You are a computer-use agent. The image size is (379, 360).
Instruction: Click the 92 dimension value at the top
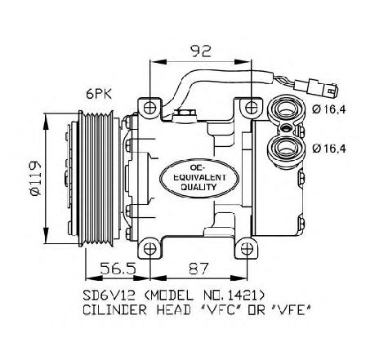click(x=201, y=51)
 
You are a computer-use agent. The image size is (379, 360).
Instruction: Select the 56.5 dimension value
click(x=118, y=269)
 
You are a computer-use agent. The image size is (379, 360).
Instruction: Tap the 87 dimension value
click(x=198, y=269)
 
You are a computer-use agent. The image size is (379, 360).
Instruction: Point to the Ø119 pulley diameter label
click(x=35, y=178)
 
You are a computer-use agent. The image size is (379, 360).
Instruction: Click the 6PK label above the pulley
click(x=99, y=94)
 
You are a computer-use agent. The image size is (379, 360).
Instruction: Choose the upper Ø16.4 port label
click(x=329, y=109)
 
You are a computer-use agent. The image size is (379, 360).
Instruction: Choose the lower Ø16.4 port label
click(x=329, y=149)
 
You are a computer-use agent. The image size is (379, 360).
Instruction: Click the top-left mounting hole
click(x=149, y=108)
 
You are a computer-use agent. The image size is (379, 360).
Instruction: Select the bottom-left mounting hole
click(x=149, y=249)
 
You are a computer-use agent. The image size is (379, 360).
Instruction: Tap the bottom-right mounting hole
click(x=247, y=249)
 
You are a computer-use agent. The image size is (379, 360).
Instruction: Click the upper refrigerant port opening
click(x=286, y=109)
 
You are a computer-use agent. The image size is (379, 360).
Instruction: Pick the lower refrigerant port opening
click(x=286, y=147)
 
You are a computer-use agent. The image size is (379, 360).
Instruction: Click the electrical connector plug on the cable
click(x=317, y=87)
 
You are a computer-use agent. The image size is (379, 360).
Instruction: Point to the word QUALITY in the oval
click(x=199, y=187)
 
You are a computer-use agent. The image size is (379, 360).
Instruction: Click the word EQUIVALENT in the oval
click(x=199, y=178)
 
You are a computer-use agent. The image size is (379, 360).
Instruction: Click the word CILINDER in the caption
click(x=115, y=310)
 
